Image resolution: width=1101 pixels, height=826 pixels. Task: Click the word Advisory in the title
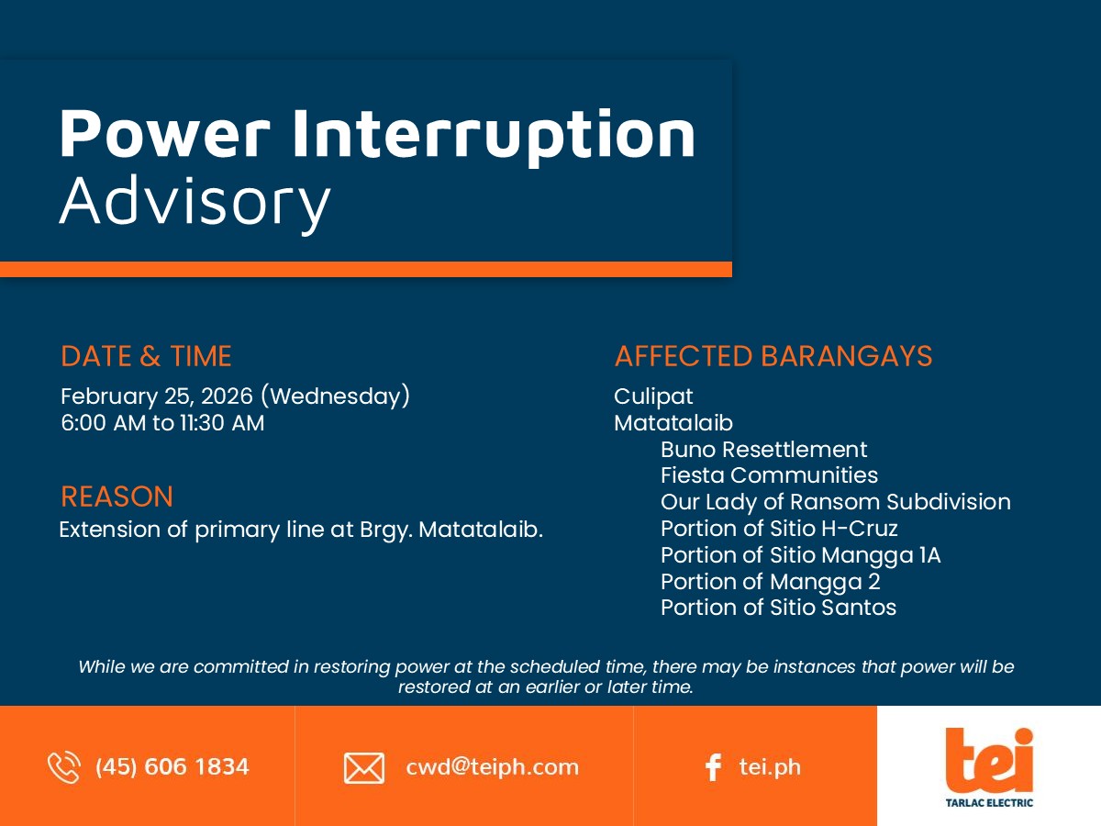(x=195, y=203)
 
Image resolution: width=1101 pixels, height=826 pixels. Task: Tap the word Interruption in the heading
(x=494, y=136)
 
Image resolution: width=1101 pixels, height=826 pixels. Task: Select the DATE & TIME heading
(x=146, y=356)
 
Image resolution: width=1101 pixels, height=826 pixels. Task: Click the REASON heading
(x=117, y=497)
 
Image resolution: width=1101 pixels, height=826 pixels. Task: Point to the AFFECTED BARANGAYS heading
(x=773, y=356)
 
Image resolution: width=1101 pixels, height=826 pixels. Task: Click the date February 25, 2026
(x=157, y=396)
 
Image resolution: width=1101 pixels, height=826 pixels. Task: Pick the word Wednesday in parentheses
(x=336, y=396)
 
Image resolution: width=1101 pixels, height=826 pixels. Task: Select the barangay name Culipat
(x=653, y=396)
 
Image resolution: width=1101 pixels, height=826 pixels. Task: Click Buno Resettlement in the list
(x=764, y=450)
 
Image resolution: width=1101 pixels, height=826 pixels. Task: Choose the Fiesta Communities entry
(x=770, y=475)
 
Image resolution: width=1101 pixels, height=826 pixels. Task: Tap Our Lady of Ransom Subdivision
(x=836, y=502)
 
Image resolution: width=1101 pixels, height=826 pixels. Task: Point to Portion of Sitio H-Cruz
(x=779, y=528)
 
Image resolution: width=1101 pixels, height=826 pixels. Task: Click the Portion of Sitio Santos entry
(x=778, y=608)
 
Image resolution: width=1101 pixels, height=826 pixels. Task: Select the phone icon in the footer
(x=64, y=767)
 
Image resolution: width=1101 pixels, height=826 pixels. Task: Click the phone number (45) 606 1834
(x=172, y=767)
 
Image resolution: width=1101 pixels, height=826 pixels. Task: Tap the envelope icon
(x=364, y=768)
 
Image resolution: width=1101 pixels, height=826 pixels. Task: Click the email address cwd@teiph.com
(x=492, y=767)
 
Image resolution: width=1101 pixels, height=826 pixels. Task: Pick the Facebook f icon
(x=713, y=767)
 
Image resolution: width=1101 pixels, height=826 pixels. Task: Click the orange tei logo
(x=989, y=762)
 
